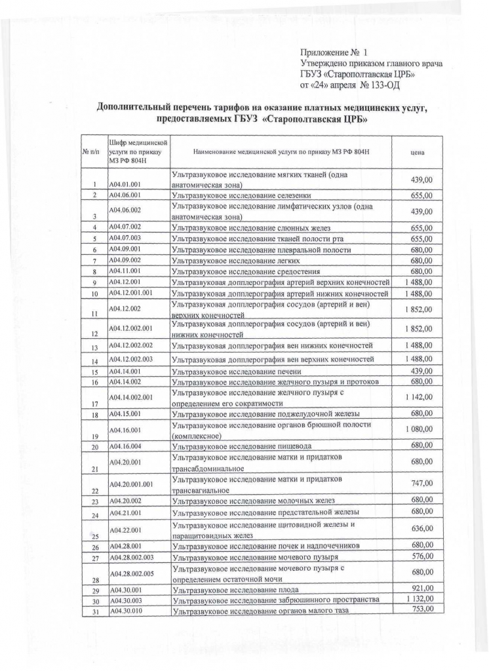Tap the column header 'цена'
416,152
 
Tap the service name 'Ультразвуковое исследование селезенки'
241,195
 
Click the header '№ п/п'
90,152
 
